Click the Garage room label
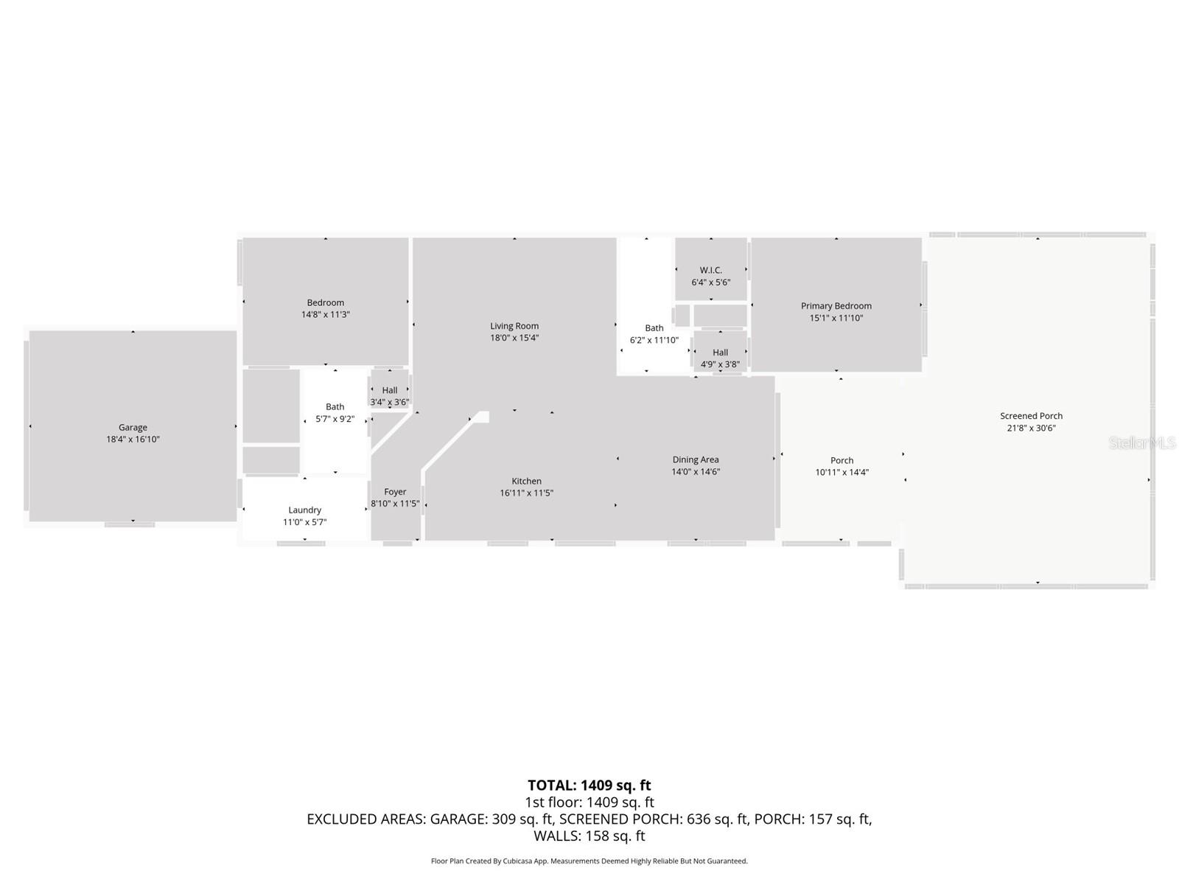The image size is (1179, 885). pos(133,427)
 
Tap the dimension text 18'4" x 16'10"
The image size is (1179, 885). pos(133,440)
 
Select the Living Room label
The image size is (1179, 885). pos(514,326)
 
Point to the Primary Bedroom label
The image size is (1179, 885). pos(836,306)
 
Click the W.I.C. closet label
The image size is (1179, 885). pos(711,271)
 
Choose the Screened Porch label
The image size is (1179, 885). pos(1031,416)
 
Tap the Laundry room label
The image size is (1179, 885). pos(304,510)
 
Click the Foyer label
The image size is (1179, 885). pos(395,492)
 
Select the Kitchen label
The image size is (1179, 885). pos(526,481)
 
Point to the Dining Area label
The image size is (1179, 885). pos(695,459)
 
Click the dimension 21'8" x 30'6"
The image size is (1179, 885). pos(1031,428)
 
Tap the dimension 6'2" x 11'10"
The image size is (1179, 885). pos(654,340)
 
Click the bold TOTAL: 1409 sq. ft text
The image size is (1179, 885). pos(589,785)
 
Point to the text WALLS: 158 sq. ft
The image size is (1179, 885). pos(589,836)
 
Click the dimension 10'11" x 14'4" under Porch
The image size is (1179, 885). pos(842,473)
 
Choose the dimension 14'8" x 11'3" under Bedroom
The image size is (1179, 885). pos(325,315)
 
